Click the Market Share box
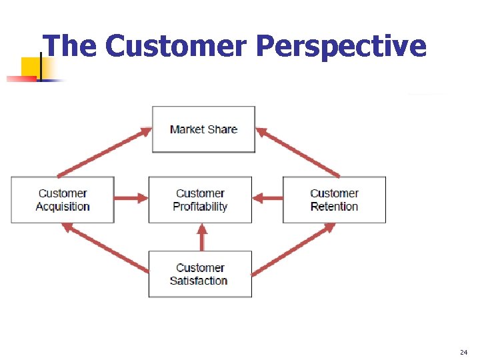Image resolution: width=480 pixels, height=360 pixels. point(203,129)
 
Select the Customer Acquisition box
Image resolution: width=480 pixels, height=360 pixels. point(63,200)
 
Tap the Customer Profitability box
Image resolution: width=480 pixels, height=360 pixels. point(200,200)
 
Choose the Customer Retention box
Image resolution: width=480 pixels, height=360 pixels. point(334,200)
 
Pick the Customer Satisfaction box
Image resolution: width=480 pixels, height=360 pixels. point(200,274)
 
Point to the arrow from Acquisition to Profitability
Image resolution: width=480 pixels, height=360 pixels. point(131,198)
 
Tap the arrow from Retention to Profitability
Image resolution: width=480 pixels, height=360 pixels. point(268,198)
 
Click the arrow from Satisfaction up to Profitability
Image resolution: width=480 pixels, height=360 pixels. point(202,237)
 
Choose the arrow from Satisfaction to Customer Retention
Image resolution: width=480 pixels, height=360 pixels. point(294,249)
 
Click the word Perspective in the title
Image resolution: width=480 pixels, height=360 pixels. point(341,47)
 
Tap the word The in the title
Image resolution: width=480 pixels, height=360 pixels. point(71,47)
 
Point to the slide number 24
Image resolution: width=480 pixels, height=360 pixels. point(464,351)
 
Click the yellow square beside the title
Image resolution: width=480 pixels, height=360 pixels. point(31,67)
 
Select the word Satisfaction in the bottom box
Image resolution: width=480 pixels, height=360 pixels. point(199,281)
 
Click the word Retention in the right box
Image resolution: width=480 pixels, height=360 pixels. point(334,207)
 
